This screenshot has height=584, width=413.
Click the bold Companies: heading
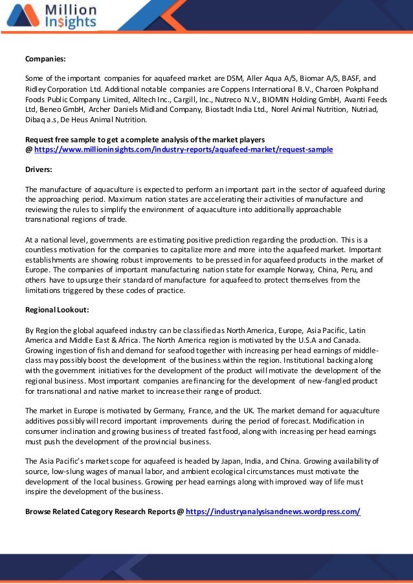click(45, 59)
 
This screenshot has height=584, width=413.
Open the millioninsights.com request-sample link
click(183, 149)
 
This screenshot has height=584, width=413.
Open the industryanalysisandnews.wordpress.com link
click(273, 512)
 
